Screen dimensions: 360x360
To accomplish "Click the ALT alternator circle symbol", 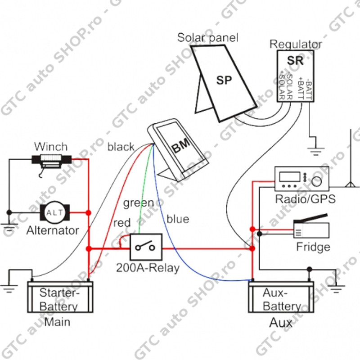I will tap(55, 212).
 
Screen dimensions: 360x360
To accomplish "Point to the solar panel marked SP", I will tap(223, 81).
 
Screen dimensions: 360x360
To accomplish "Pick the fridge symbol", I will tap(311, 229).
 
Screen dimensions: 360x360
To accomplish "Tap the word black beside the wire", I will tap(121, 147).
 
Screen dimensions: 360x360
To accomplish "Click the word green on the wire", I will tap(139, 203).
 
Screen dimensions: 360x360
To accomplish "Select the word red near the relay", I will tap(122, 223).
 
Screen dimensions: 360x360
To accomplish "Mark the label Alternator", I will tap(53, 231).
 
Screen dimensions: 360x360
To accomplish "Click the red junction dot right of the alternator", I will tap(88, 212).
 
